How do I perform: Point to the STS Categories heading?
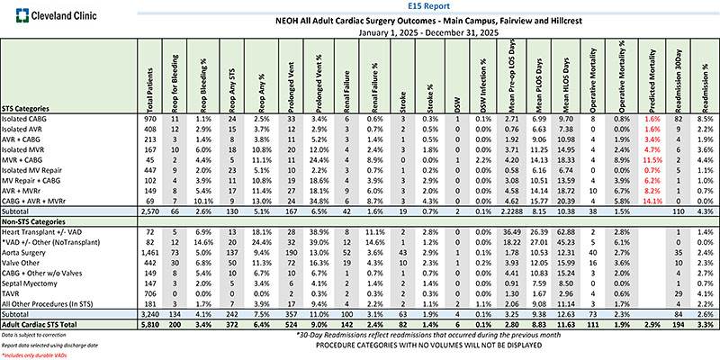point(35,106)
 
